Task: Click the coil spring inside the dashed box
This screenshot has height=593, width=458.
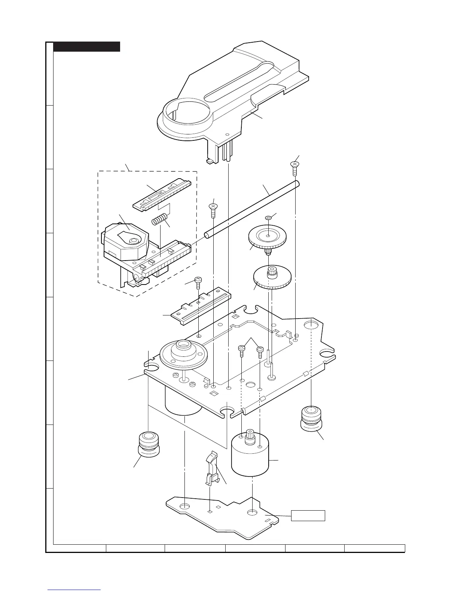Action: [x=159, y=219]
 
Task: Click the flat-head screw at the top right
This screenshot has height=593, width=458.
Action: [x=295, y=167]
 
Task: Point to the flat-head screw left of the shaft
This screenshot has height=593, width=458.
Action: [x=213, y=210]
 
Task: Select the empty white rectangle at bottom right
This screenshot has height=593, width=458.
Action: [x=308, y=516]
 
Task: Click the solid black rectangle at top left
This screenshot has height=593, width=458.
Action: [x=86, y=47]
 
